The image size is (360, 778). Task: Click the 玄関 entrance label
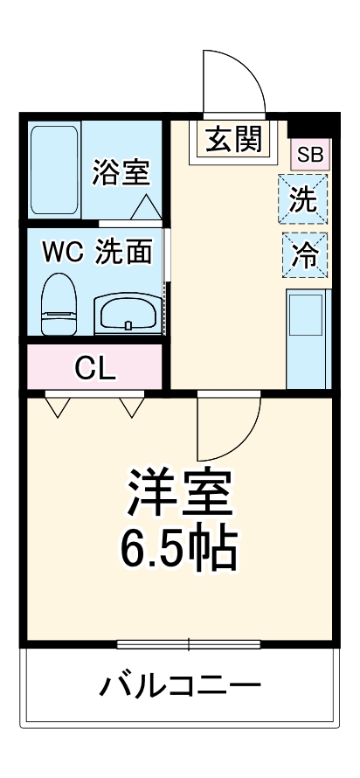pyautogui.click(x=232, y=139)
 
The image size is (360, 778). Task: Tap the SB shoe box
pyautogui.click(x=310, y=155)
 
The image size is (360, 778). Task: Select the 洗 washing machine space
pyautogui.click(x=303, y=200)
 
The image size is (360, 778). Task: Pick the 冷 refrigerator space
pyautogui.click(x=304, y=254)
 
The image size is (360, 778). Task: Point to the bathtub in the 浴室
pyautogui.click(x=55, y=170)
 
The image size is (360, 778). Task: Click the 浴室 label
pyautogui.click(x=121, y=171)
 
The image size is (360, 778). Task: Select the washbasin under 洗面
pyautogui.click(x=127, y=311)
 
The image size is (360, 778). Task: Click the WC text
pyautogui.click(x=63, y=253)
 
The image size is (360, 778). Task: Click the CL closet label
pyautogui.click(x=94, y=368)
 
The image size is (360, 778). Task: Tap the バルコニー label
pyautogui.click(x=179, y=685)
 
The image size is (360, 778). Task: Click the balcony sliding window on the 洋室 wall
pyautogui.click(x=189, y=646)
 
